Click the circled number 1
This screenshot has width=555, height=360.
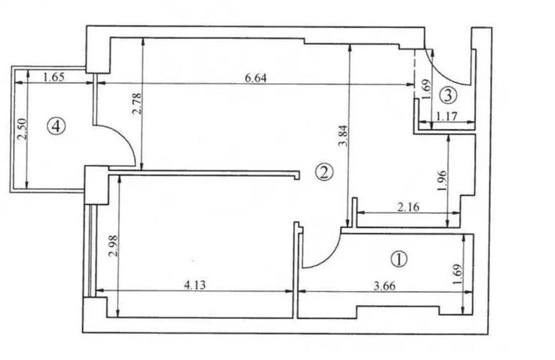tap(399, 259)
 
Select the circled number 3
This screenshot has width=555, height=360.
tap(448, 95)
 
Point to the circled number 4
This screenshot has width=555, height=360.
tap(56, 126)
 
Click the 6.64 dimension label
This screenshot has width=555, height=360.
tap(256, 78)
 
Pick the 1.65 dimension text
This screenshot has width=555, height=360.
tap(54, 77)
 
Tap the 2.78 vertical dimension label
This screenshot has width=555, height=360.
tap(137, 104)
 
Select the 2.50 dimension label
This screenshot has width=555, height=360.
tap(22, 129)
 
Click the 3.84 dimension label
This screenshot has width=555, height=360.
tap(343, 136)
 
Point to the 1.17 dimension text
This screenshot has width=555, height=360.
tap(447, 116)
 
